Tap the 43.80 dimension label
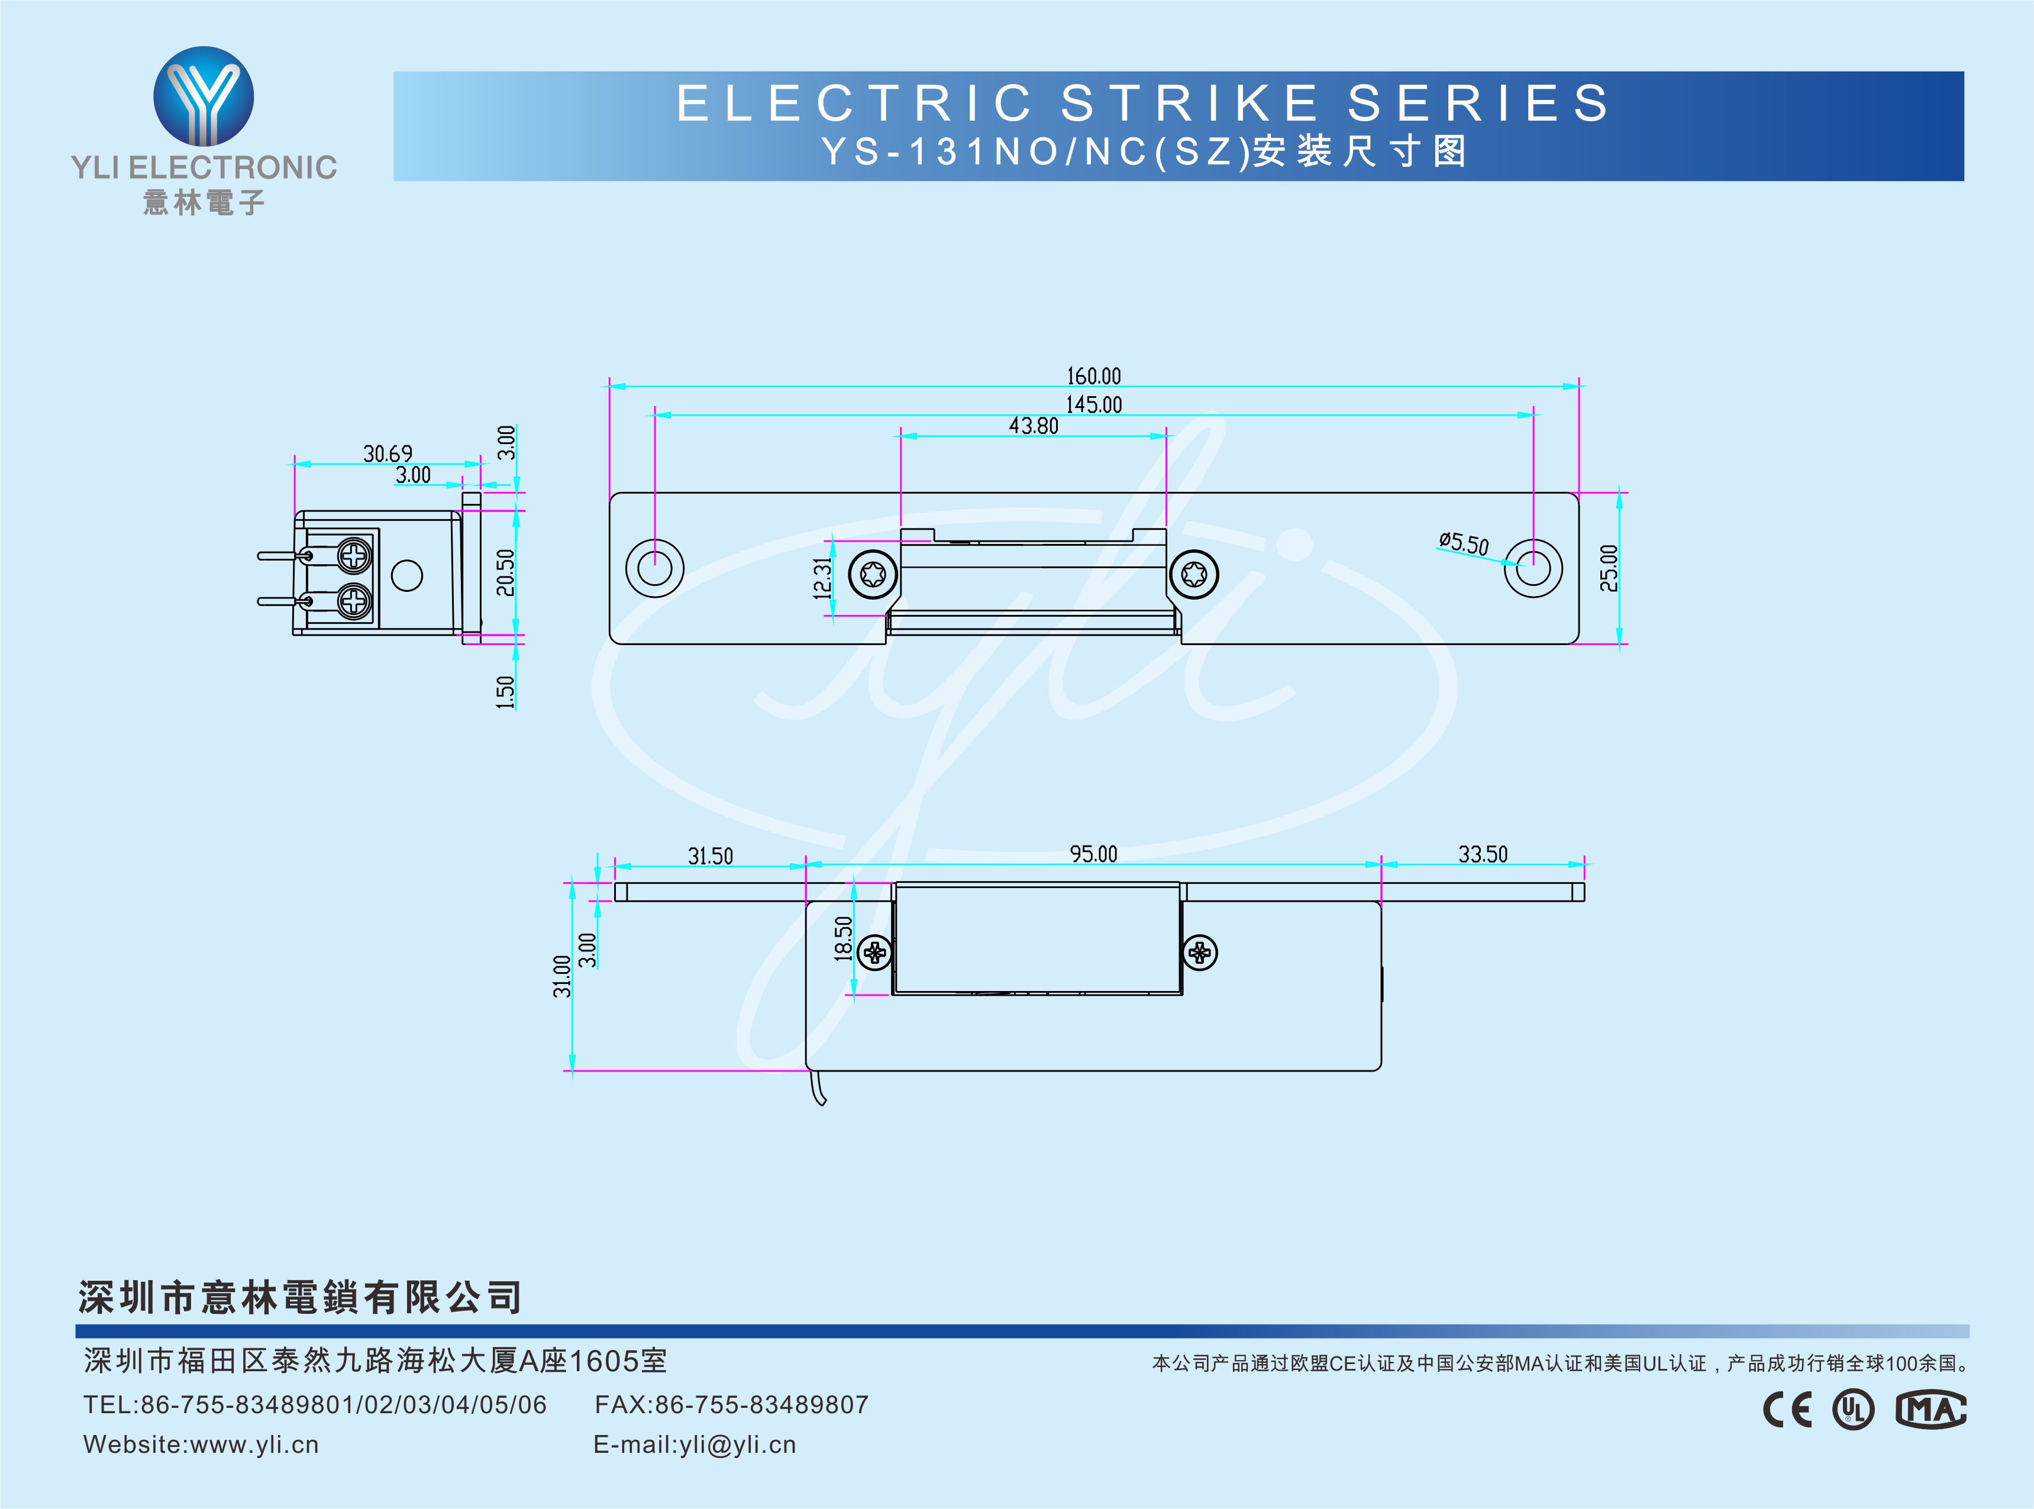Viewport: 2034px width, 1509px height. coord(1034,426)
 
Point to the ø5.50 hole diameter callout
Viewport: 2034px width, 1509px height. coord(1463,543)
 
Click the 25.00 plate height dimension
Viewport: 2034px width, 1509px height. coord(1609,568)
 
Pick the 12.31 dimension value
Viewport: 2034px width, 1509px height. coord(822,578)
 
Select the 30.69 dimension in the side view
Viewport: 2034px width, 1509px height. coord(388,453)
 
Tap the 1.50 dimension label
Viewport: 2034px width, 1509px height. coord(505,691)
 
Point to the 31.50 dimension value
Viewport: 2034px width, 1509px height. coord(710,856)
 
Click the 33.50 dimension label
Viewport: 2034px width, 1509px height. coord(1482,854)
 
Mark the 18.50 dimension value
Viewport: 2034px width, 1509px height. coord(842,938)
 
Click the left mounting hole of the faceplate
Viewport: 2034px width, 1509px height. coord(654,568)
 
